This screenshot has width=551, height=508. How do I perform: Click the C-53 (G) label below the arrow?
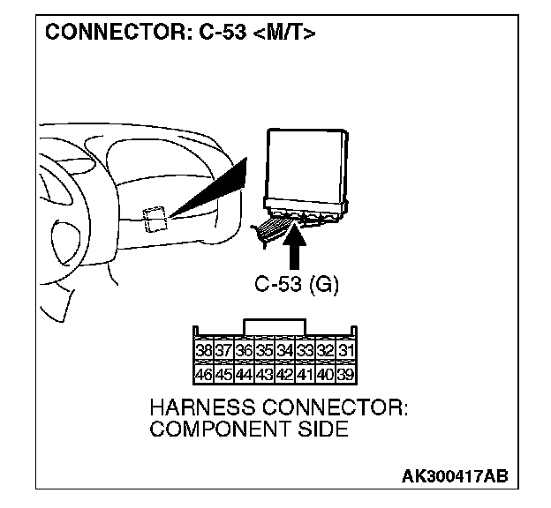click(x=296, y=285)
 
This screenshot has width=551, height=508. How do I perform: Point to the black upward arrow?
click(x=296, y=247)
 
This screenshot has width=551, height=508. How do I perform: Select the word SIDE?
click(x=323, y=430)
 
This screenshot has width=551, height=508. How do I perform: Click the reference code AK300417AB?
click(x=454, y=476)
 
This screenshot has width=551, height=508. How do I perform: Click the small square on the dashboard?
click(x=155, y=217)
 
